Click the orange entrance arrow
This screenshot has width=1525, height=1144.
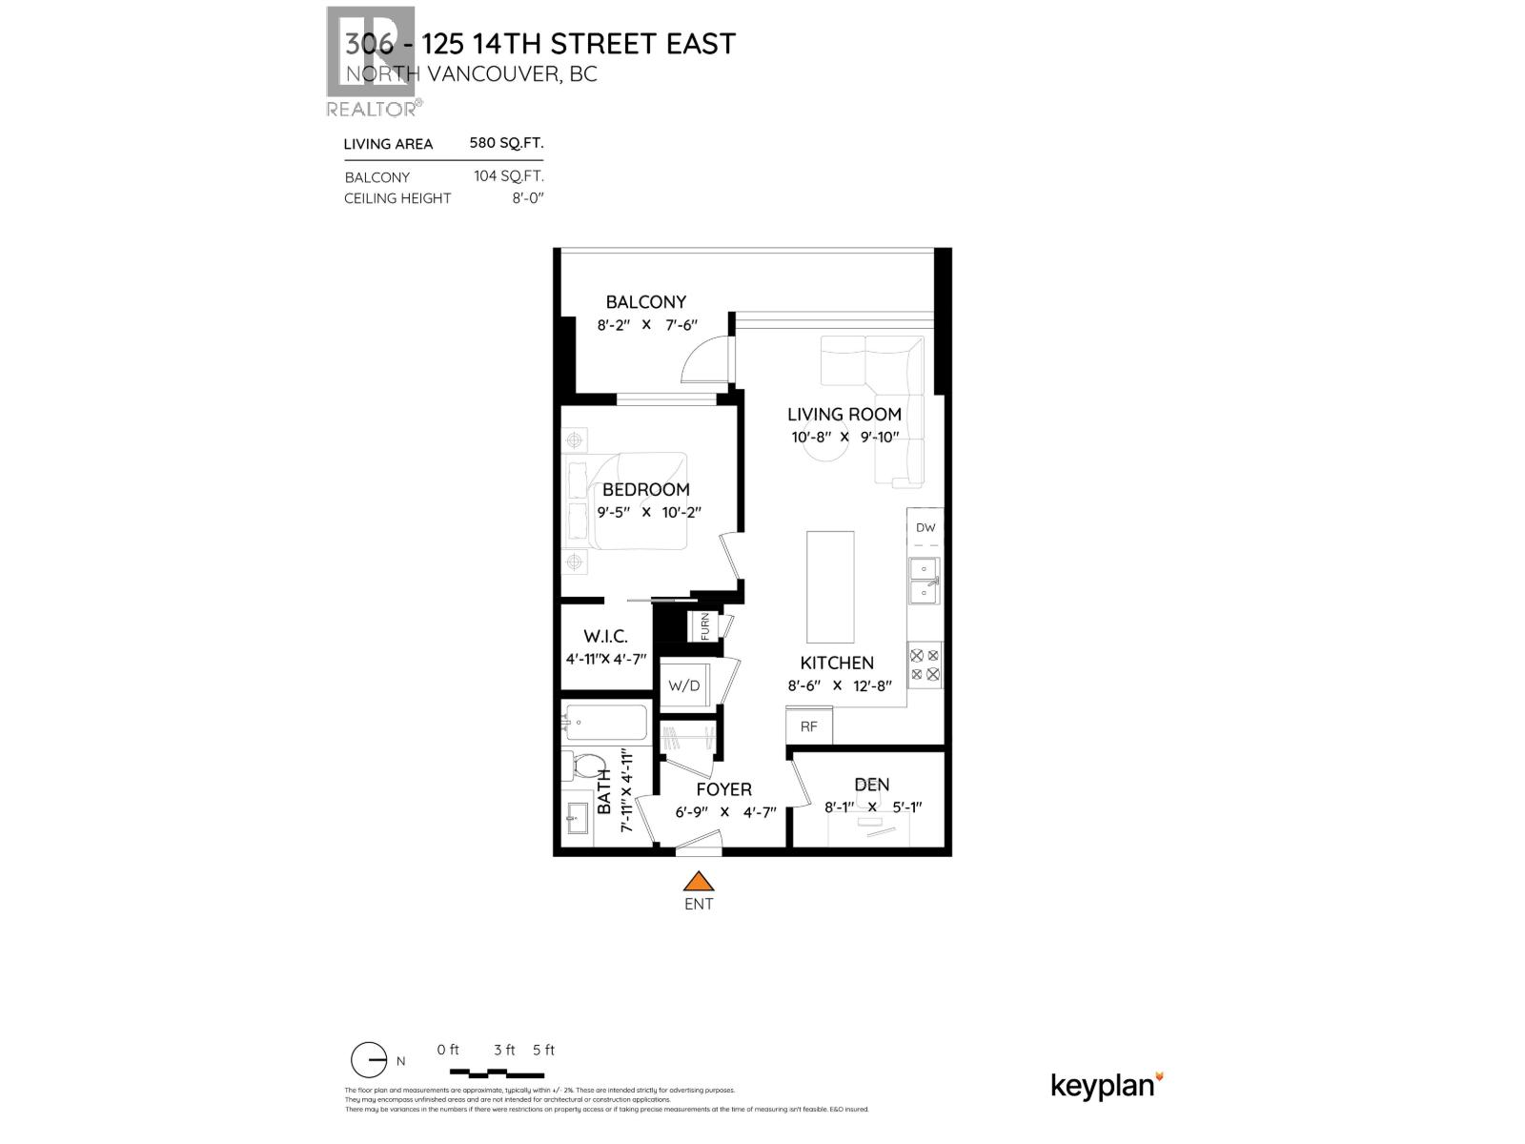pyautogui.click(x=699, y=882)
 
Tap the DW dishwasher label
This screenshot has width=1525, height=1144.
pyautogui.click(x=925, y=527)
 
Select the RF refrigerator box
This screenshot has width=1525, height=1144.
pyautogui.click(x=809, y=726)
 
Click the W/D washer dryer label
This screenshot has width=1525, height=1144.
pyautogui.click(x=683, y=685)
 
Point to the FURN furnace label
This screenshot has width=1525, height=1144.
pyautogui.click(x=705, y=626)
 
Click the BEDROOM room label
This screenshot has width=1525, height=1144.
pyautogui.click(x=645, y=489)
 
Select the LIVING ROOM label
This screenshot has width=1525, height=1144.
pyautogui.click(x=844, y=414)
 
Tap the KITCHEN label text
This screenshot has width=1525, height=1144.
pyautogui.click(x=836, y=663)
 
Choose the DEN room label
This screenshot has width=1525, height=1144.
pyautogui.click(x=871, y=785)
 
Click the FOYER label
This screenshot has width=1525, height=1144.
pyautogui.click(x=723, y=789)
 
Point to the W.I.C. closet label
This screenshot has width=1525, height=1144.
pyautogui.click(x=605, y=637)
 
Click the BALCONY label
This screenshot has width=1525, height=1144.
pyautogui.click(x=645, y=302)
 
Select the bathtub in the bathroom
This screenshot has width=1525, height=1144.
pyautogui.click(x=604, y=723)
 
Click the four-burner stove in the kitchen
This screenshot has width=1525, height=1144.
pyautogui.click(x=925, y=664)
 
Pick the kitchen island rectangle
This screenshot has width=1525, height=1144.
pyautogui.click(x=830, y=586)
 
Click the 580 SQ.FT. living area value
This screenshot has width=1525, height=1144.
pyautogui.click(x=506, y=143)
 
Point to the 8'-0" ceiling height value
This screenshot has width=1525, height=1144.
pyautogui.click(x=527, y=198)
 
